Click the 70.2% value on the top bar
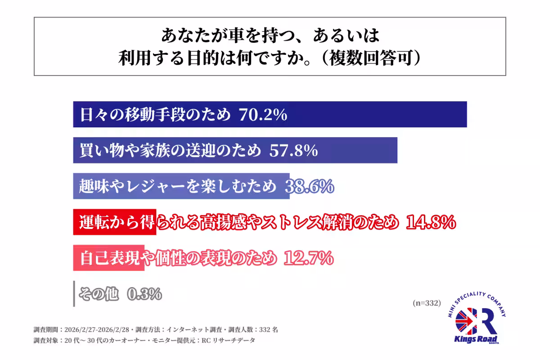pyautogui.click(x=263, y=115)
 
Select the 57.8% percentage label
pyautogui.click(x=293, y=151)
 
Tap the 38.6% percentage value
pyautogui.click(x=310, y=186)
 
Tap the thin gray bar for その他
pyautogui.click(x=74, y=294)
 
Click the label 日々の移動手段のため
pyautogui.click(x=155, y=115)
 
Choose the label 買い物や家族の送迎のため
pyautogui.click(x=170, y=151)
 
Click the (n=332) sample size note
pyautogui.click(x=426, y=303)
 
